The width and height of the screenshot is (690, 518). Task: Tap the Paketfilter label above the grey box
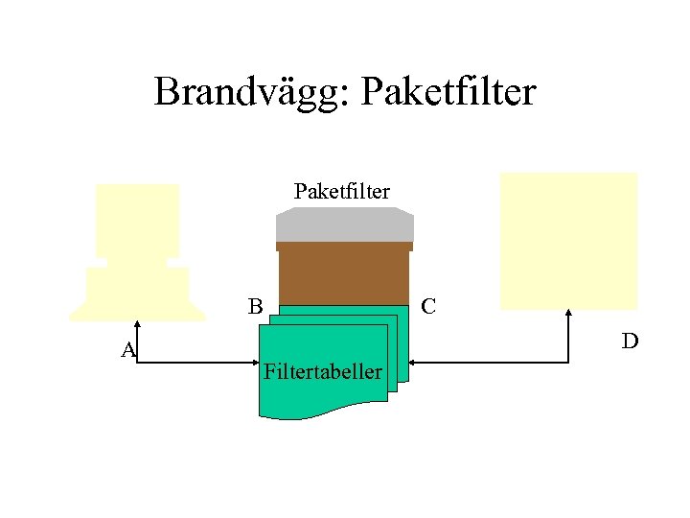coord(342,192)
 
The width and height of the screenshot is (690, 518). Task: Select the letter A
coord(129,350)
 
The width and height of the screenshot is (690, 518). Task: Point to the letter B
coord(255,307)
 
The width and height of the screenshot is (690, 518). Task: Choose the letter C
coord(429,307)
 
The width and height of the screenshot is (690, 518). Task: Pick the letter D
coord(630,341)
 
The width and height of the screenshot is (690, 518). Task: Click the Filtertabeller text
coord(322,371)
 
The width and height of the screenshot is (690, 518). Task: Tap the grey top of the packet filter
coord(345,224)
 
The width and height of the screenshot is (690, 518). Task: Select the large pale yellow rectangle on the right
coord(569,240)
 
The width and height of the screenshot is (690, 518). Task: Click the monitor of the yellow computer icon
coord(138,221)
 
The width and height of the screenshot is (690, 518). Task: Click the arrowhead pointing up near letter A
coord(137,324)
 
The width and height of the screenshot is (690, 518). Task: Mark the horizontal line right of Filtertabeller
coord(489,363)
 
